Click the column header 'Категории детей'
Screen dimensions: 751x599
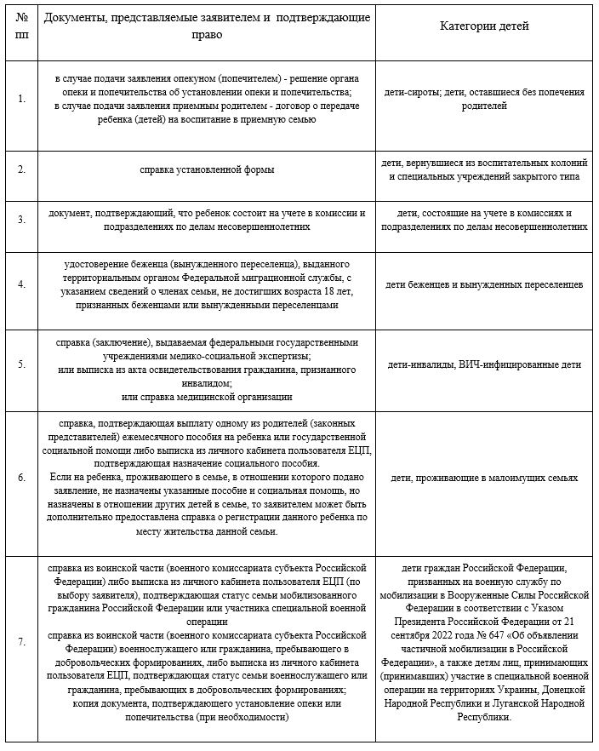(484, 26)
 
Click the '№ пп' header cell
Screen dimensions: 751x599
(21, 26)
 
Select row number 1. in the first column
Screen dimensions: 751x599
(21, 99)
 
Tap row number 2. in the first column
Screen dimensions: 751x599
(21, 169)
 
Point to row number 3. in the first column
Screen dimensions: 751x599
(21, 220)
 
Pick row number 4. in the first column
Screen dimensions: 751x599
(21, 284)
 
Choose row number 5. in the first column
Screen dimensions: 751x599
(21, 364)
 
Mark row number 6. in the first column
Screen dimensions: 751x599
(21, 478)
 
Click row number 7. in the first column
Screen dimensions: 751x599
(21, 640)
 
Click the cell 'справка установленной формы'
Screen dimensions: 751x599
(207, 169)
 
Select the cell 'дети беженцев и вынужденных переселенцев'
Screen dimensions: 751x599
(484, 284)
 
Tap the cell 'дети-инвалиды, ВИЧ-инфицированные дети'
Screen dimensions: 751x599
(484, 364)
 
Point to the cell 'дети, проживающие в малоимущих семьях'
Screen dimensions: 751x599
(484, 478)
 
